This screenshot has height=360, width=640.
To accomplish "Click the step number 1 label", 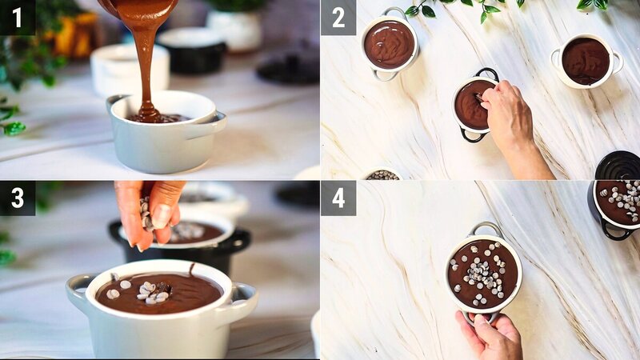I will click(18, 17).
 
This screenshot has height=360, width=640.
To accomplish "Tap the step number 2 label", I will click(338, 17).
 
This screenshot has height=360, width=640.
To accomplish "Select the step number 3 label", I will click(18, 198).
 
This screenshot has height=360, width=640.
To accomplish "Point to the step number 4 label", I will click(338, 198).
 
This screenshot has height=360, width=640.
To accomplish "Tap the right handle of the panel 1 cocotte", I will click(214, 122).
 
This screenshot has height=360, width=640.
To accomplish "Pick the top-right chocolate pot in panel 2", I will click(586, 61).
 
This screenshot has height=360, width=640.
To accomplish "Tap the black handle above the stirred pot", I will click(487, 74).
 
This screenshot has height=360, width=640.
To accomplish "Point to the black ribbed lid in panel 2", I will click(618, 166).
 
